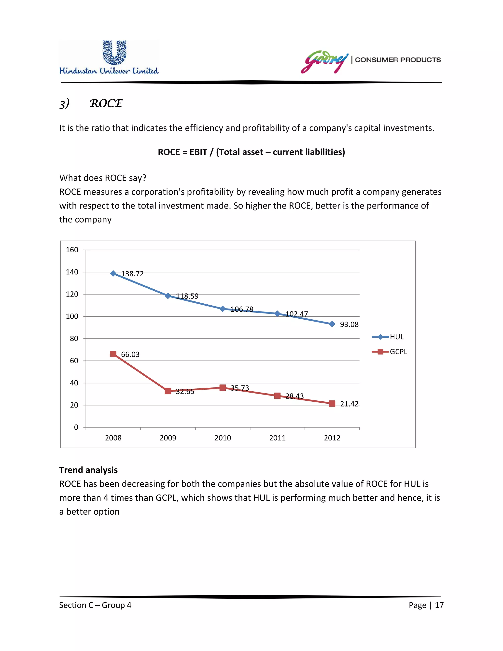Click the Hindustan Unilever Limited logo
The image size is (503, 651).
pos(109,57)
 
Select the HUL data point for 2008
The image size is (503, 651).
pos(113,273)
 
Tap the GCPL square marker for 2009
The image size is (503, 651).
pos(168,391)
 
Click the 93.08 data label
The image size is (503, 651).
pos(349,324)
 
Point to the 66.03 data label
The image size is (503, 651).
pos(130,354)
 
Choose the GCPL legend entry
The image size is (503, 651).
pos(390,352)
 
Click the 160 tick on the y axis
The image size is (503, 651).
pos(72,250)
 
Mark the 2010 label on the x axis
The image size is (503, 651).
pos(223,438)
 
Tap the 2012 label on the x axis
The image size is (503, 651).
pos(332,438)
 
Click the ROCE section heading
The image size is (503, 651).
pos(106,103)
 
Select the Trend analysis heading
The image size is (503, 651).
pos(88,470)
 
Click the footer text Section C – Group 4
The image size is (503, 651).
pos(95,605)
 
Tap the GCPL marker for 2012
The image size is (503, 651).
pos(332,404)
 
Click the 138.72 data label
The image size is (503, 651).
pos(132,274)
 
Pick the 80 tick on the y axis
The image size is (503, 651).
pos(74,339)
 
